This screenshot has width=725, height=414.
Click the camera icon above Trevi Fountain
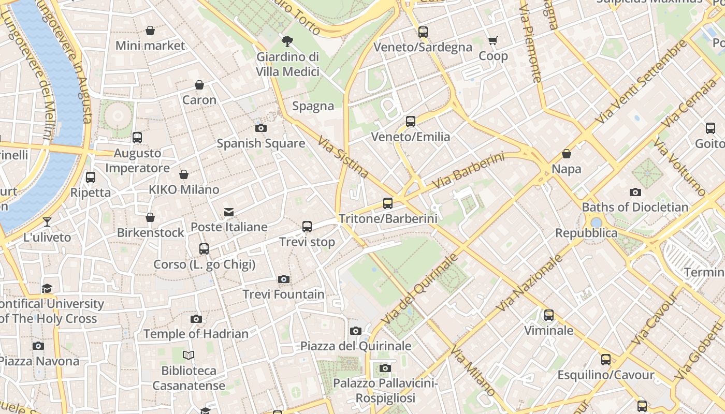click(x=283, y=279)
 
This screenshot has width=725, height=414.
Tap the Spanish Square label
click(x=260, y=143)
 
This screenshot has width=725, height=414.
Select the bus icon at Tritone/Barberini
click(x=388, y=203)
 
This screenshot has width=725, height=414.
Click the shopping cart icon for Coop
click(x=493, y=40)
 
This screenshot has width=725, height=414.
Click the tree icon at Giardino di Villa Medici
click(x=287, y=41)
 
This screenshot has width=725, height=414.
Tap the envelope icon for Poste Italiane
click(x=228, y=212)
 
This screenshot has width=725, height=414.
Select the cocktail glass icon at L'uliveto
click(x=47, y=222)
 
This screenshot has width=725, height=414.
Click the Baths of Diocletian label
click(x=635, y=208)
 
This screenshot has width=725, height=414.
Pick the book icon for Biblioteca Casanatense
click(x=189, y=355)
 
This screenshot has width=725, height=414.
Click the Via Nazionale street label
click(x=529, y=283)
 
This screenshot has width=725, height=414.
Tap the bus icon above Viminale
click(x=549, y=315)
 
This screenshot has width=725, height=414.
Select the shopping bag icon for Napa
click(x=567, y=154)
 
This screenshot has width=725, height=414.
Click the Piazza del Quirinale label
click(x=356, y=346)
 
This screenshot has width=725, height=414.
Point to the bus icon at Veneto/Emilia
click(x=411, y=122)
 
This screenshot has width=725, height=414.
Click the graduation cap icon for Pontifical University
click(x=47, y=288)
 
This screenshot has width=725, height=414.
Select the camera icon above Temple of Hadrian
click(x=196, y=319)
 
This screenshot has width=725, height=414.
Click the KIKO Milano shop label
click(x=184, y=189)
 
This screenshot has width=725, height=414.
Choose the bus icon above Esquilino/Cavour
click(x=606, y=360)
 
